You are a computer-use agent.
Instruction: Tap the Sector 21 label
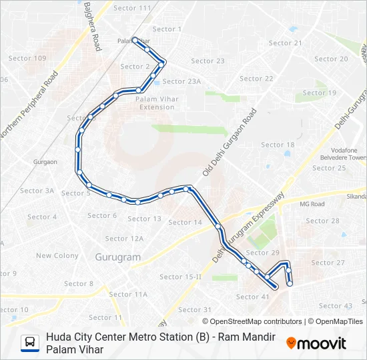coord(285,43)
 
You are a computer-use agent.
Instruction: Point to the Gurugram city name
coord(117,257)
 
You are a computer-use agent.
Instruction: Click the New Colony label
coord(57,256)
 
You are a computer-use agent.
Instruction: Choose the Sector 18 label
coord(278,145)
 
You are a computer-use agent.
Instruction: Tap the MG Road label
coord(312,204)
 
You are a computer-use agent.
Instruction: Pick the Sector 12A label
coord(124,239)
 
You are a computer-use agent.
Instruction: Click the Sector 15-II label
coord(180,277)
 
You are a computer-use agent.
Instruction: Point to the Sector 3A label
coord(37,191)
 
